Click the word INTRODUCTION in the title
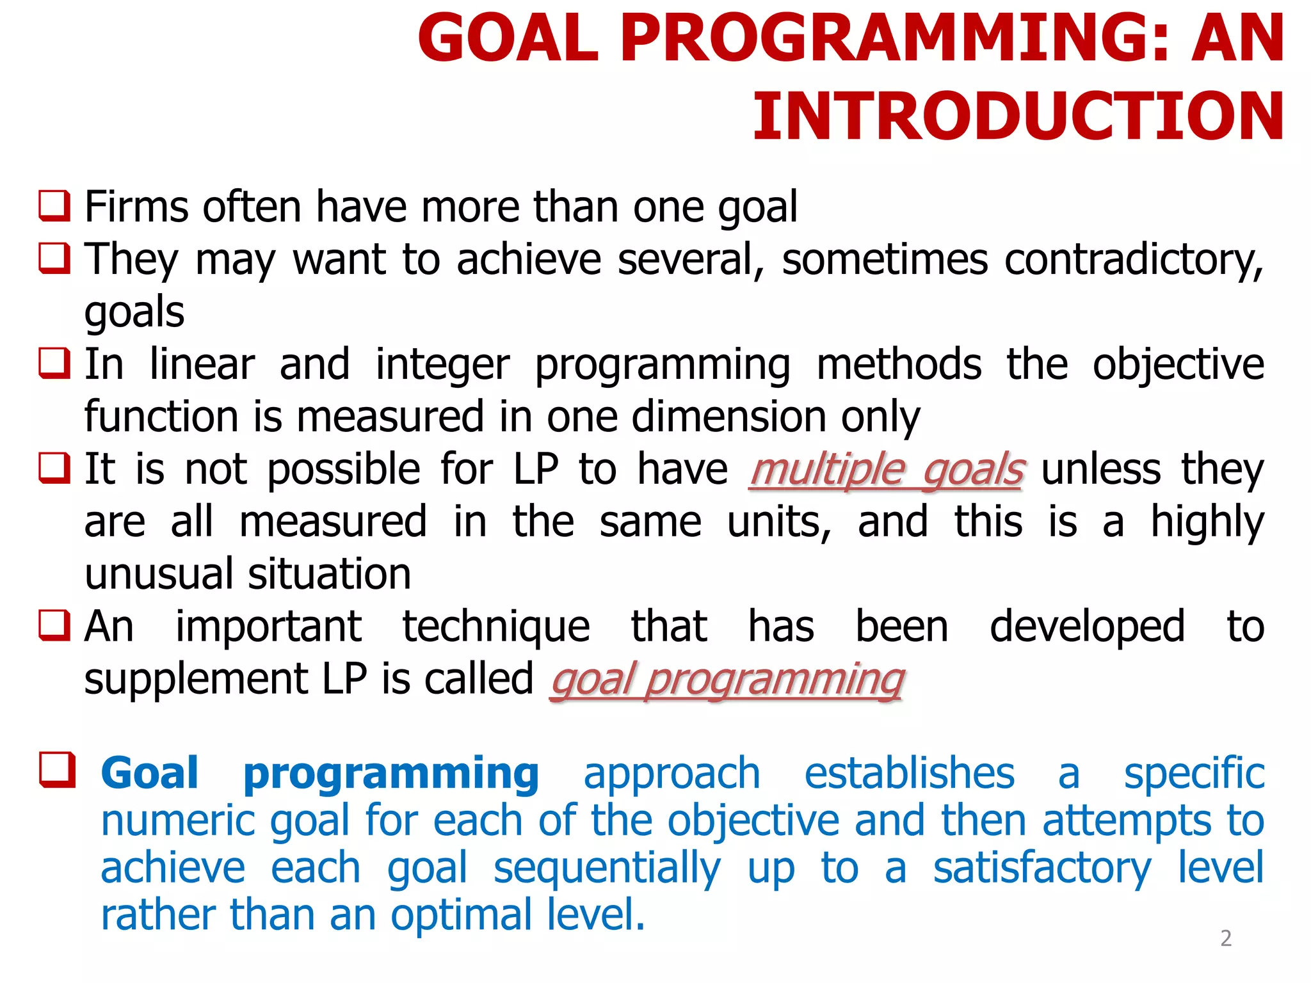[x=1018, y=116]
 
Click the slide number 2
[x=1225, y=938]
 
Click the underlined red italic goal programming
[x=727, y=680]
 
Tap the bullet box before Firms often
[x=54, y=206]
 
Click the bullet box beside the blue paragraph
[x=57, y=770]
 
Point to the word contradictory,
[x=1134, y=260]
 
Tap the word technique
[x=495, y=627]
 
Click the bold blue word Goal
[x=150, y=773]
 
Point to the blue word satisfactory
[x=1042, y=868]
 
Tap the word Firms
[x=128, y=207]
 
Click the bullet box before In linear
[x=54, y=364]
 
